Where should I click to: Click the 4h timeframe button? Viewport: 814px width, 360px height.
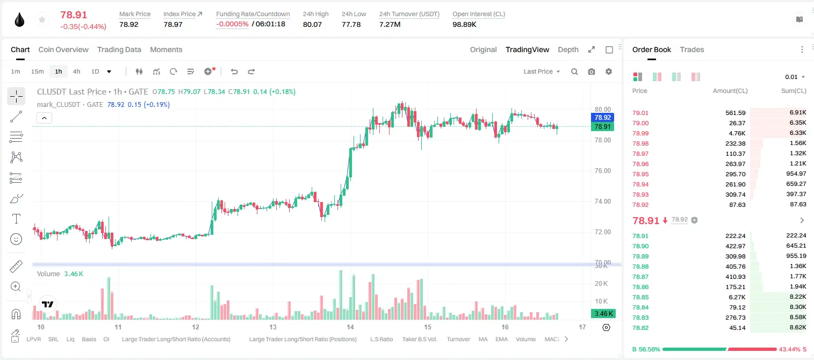pos(76,71)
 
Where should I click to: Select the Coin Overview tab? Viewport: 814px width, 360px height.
pos(63,50)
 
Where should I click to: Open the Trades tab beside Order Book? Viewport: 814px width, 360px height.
pos(692,50)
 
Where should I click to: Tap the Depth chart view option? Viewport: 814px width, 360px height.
pos(568,50)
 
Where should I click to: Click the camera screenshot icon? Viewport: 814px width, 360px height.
pos(592,71)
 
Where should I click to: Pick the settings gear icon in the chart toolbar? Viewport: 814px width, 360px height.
pos(609,71)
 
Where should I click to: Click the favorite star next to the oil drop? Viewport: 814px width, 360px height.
pos(42,20)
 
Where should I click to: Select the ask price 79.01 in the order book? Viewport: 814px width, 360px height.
pos(640,113)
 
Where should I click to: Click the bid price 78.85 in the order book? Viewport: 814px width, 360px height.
pos(640,297)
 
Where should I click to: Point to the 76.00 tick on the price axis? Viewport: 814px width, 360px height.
pos(602,171)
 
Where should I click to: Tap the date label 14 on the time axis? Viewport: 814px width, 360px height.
pos(350,327)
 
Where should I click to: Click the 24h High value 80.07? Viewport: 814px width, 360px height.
pos(313,25)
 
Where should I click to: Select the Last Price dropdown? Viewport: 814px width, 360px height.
pos(542,71)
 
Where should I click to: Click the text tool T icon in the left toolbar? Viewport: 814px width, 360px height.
pos(16,219)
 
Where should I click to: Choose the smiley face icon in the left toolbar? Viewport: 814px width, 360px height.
pos(16,239)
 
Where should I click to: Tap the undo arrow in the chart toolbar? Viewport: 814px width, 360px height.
pos(234,71)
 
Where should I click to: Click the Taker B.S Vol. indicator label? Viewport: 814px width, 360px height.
pos(420,339)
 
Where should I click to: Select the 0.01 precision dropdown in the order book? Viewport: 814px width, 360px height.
pos(795,77)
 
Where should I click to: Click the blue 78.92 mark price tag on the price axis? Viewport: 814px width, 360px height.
pos(602,117)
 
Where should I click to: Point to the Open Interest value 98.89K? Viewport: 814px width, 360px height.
pos(464,25)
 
